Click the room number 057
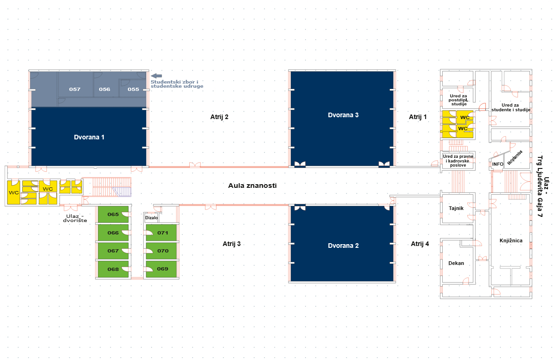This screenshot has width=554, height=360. pos(75,89)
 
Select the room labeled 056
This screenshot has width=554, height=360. pos(104,89)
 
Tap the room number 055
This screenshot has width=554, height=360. pos(133,89)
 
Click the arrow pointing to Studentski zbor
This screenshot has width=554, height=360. pos(157,76)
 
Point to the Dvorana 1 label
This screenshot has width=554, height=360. pos(90,137)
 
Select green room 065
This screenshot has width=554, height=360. pos(113,215)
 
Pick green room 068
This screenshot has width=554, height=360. pos(113,269)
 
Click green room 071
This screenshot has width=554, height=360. pos(163,233)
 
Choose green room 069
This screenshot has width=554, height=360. pos(163,269)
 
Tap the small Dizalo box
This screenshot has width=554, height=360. pos(151,217)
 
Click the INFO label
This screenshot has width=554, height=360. pos(498,164)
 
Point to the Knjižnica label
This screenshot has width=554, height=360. pos(511,240)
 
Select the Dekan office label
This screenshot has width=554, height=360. pos(456,263)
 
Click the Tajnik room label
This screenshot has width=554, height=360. pos(456,208)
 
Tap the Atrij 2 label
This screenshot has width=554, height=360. pos(219,117)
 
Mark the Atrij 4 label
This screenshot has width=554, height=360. pos(420,244)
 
